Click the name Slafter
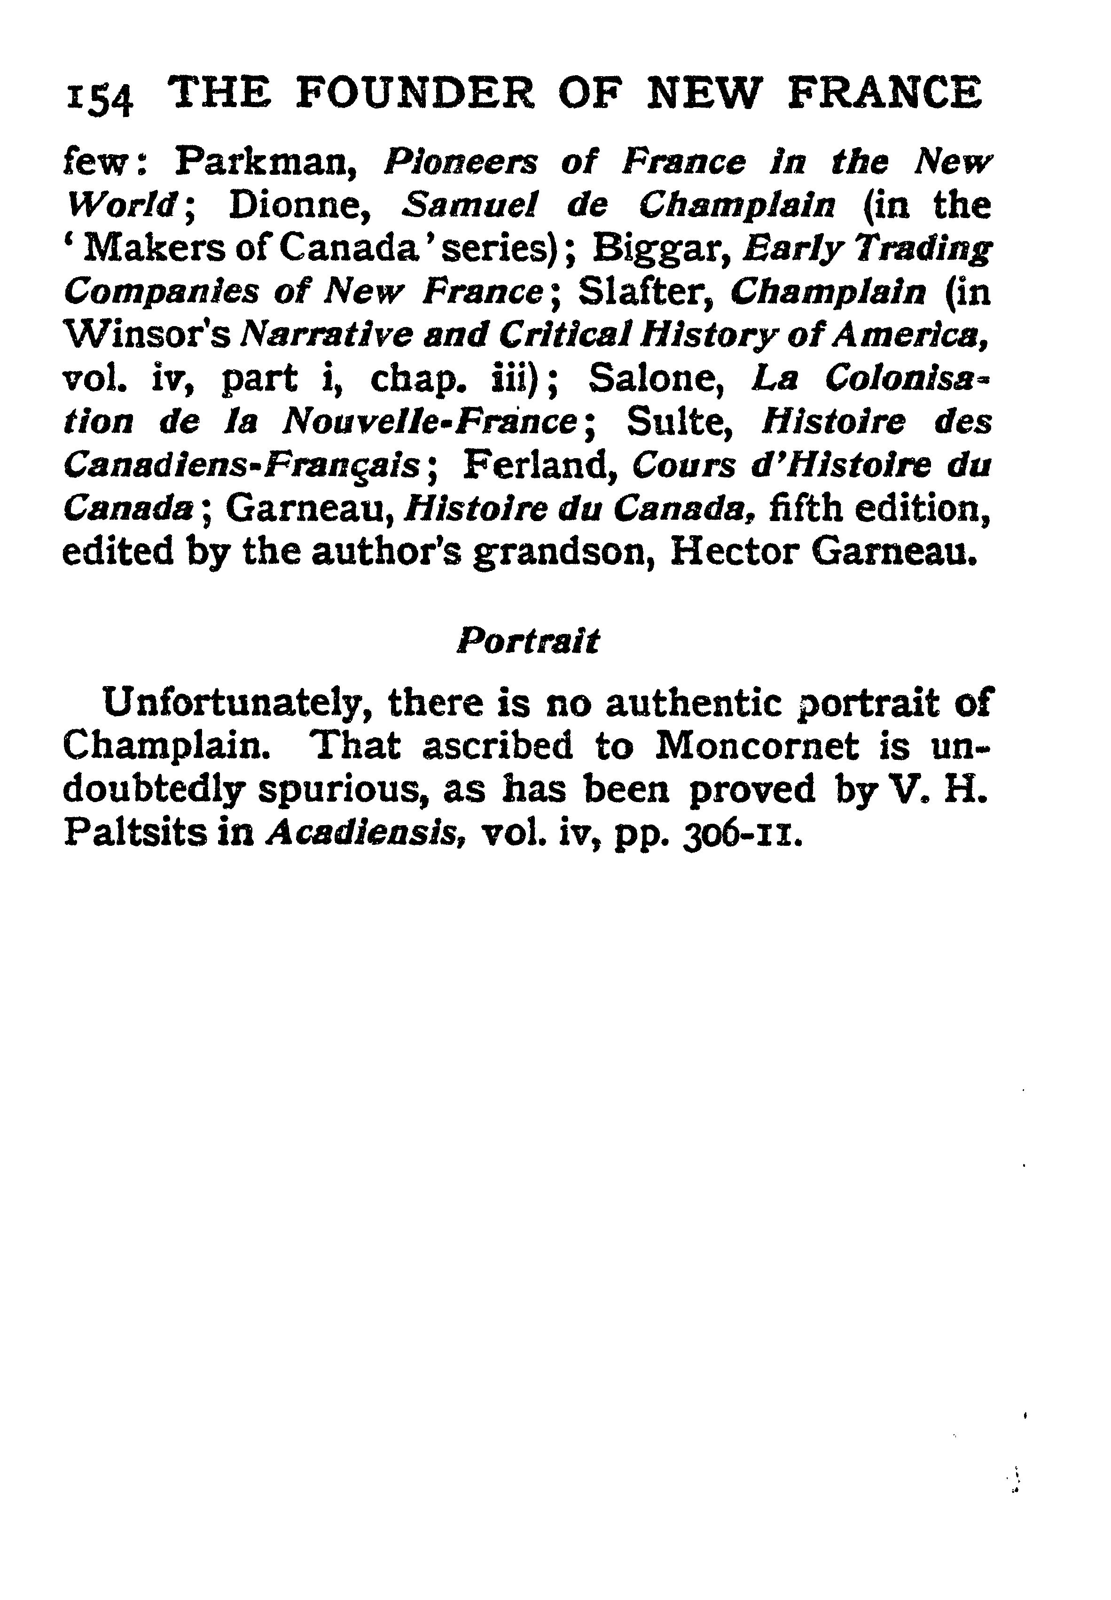point(644,292)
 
